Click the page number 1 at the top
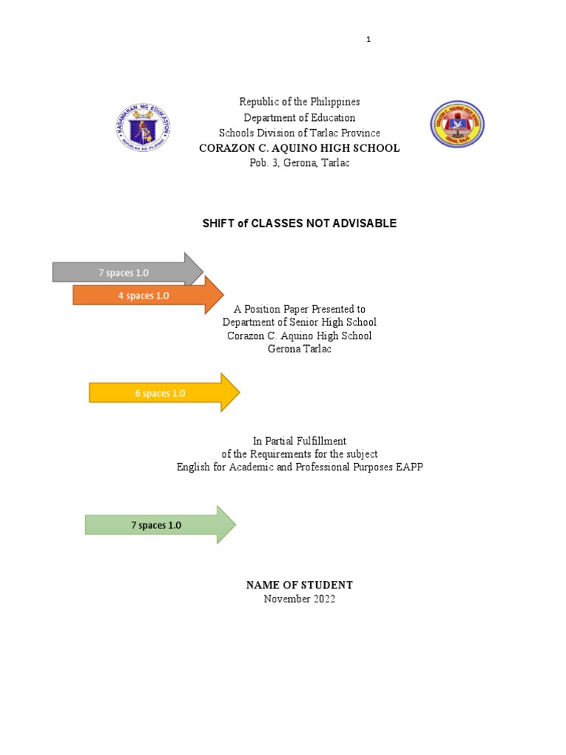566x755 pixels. point(368,40)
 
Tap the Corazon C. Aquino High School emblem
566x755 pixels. point(458,124)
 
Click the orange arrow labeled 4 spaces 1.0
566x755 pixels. point(144,296)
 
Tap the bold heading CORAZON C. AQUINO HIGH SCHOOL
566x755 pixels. point(299,148)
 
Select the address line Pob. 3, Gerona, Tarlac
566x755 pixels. point(299,163)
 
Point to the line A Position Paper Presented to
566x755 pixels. point(299,309)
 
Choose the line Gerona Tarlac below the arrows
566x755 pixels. point(299,349)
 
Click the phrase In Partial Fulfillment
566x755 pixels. point(299,441)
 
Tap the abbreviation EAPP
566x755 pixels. point(410,467)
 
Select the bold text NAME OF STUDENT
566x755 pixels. point(299,585)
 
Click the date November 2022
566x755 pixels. point(299,599)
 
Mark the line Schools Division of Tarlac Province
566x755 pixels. point(299,133)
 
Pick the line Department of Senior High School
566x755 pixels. point(299,322)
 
